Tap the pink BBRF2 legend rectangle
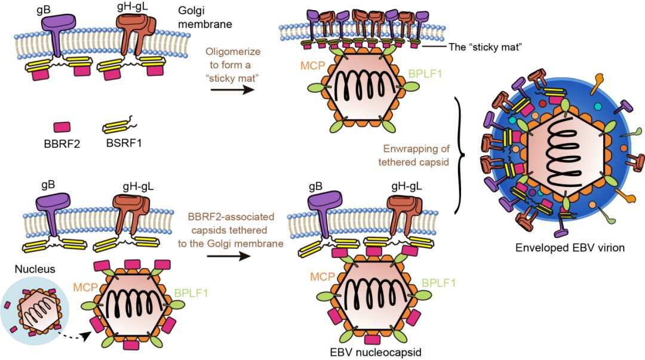(62, 127)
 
